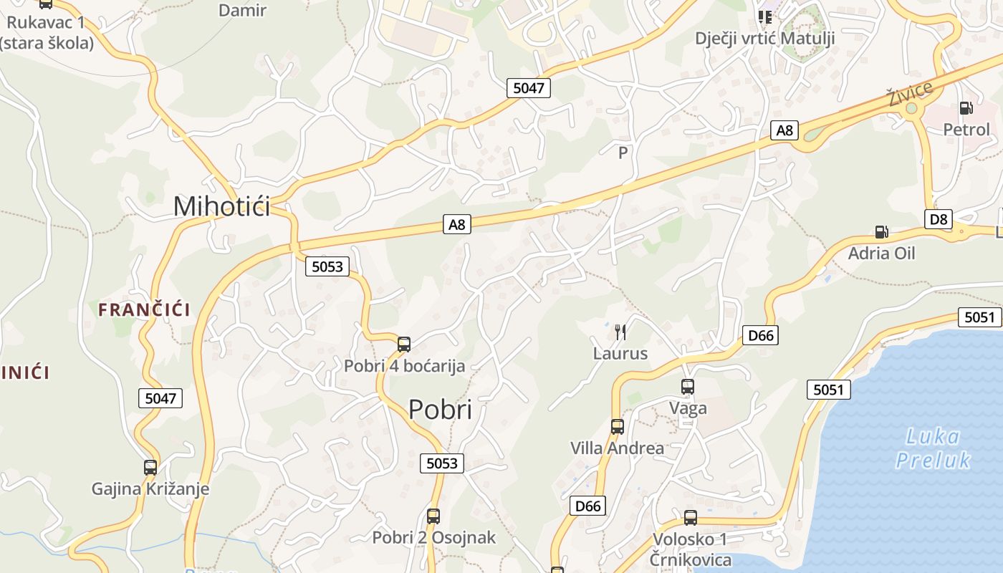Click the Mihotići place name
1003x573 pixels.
[x=222, y=206]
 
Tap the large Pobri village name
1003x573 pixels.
[x=440, y=410]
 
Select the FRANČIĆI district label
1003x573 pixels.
[x=144, y=310]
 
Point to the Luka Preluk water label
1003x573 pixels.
[x=933, y=448]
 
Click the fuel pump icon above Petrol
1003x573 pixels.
[x=966, y=108]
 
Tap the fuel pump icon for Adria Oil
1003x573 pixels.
[x=881, y=231]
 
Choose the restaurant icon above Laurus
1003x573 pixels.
[x=620, y=332]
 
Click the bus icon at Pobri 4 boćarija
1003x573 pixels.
[x=404, y=344]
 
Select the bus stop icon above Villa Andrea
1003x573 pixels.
[x=617, y=427]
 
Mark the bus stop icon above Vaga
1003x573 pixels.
[x=688, y=387]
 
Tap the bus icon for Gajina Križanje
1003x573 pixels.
[x=150, y=468]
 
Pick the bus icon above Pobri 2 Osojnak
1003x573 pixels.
[x=433, y=516]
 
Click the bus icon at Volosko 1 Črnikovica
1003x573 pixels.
[x=691, y=517]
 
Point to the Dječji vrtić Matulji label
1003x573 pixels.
[x=765, y=38]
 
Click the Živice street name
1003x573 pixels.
[x=910, y=94]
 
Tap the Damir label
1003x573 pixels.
[x=242, y=10]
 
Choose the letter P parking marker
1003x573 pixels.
[x=623, y=153]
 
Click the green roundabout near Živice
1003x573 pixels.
[x=911, y=109]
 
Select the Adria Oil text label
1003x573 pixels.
[x=881, y=253]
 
